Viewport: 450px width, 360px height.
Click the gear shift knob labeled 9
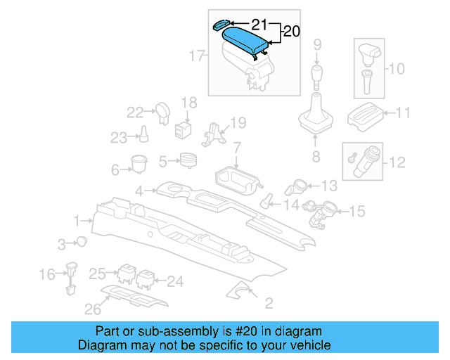click(x=317, y=75)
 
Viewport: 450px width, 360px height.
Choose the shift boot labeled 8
click(x=316, y=118)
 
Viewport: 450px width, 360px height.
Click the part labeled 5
click(x=187, y=161)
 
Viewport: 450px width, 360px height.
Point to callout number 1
click(x=76, y=221)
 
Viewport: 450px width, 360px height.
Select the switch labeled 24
click(x=146, y=278)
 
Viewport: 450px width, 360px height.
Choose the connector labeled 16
click(x=72, y=276)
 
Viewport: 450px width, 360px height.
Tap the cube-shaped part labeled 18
click(x=185, y=129)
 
